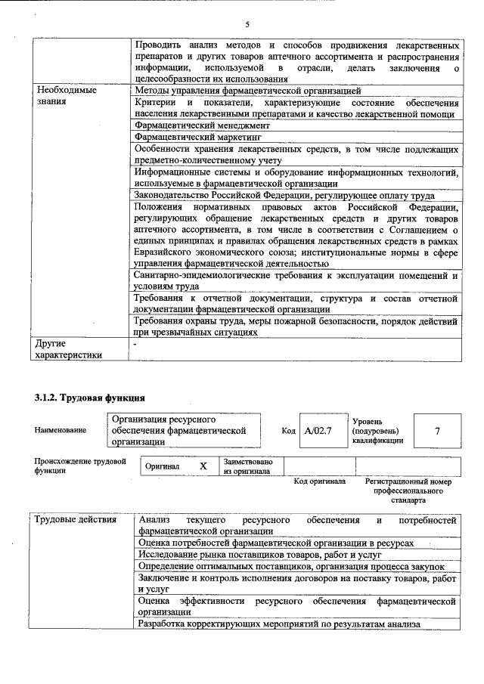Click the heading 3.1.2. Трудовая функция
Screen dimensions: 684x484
coord(89,398)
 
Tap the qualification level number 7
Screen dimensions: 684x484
coord(436,430)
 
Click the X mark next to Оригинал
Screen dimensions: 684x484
coord(203,466)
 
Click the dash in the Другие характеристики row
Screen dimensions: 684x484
coord(135,344)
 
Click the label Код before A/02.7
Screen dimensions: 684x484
coord(288,430)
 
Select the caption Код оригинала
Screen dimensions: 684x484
coord(320,481)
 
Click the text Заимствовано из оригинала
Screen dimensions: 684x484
coord(248,466)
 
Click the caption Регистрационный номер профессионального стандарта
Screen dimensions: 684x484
coord(408,490)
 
